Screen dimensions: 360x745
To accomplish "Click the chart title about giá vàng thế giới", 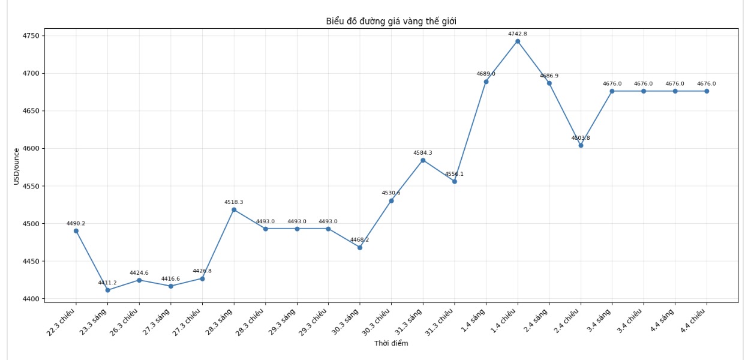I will (391, 22).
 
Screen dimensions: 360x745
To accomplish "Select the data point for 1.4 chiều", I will (518, 41).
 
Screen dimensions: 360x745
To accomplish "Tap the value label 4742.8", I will (518, 34).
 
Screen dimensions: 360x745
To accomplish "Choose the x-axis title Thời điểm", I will (391, 343).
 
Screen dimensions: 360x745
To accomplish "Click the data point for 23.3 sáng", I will (107, 290).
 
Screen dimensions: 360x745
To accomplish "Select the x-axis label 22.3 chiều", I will (62, 321).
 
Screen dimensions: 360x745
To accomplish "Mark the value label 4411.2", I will (107, 283).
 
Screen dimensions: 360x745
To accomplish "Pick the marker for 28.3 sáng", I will (234, 209).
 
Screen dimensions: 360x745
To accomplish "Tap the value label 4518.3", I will (234, 202).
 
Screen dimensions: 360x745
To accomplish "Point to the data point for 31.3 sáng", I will (423, 160).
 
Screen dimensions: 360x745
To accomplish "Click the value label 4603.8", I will (581, 138).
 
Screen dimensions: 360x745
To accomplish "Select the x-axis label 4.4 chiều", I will (693, 320).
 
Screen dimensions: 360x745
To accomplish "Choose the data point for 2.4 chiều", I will (581, 145).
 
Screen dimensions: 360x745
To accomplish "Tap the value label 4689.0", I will (486, 74).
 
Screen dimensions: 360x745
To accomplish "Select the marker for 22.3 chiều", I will (76, 231).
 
